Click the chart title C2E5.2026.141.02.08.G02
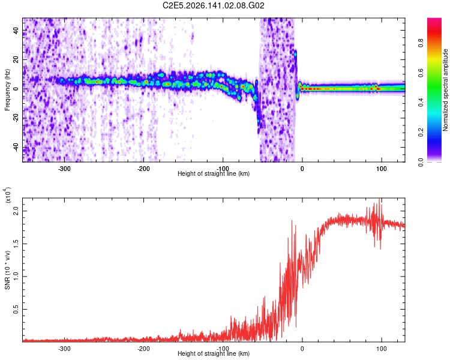213,5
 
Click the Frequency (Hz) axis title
7,90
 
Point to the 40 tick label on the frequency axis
16,31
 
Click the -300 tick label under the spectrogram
64,169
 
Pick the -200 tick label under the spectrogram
143,169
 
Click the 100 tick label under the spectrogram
382,169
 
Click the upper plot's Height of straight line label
214,173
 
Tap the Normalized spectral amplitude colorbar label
445,90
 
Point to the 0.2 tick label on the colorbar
421,132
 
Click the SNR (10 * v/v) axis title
7,270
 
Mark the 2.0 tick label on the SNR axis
16,211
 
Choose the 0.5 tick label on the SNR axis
16,310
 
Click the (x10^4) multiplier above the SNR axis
8,195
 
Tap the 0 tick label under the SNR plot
302,349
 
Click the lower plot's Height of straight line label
214,353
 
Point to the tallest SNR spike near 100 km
380,199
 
